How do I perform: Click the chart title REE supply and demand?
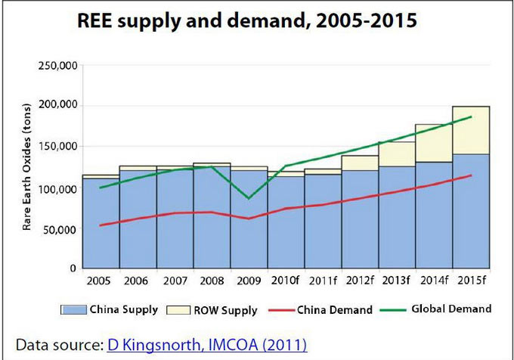click(246, 21)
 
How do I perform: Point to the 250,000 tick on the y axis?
click(56, 66)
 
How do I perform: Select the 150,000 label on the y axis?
click(56, 147)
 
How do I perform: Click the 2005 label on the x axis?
click(98, 281)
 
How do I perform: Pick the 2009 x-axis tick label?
click(249, 281)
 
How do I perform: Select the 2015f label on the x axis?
click(471, 281)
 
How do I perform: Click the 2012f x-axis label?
click(360, 281)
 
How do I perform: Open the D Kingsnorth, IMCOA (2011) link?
click(206, 345)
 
